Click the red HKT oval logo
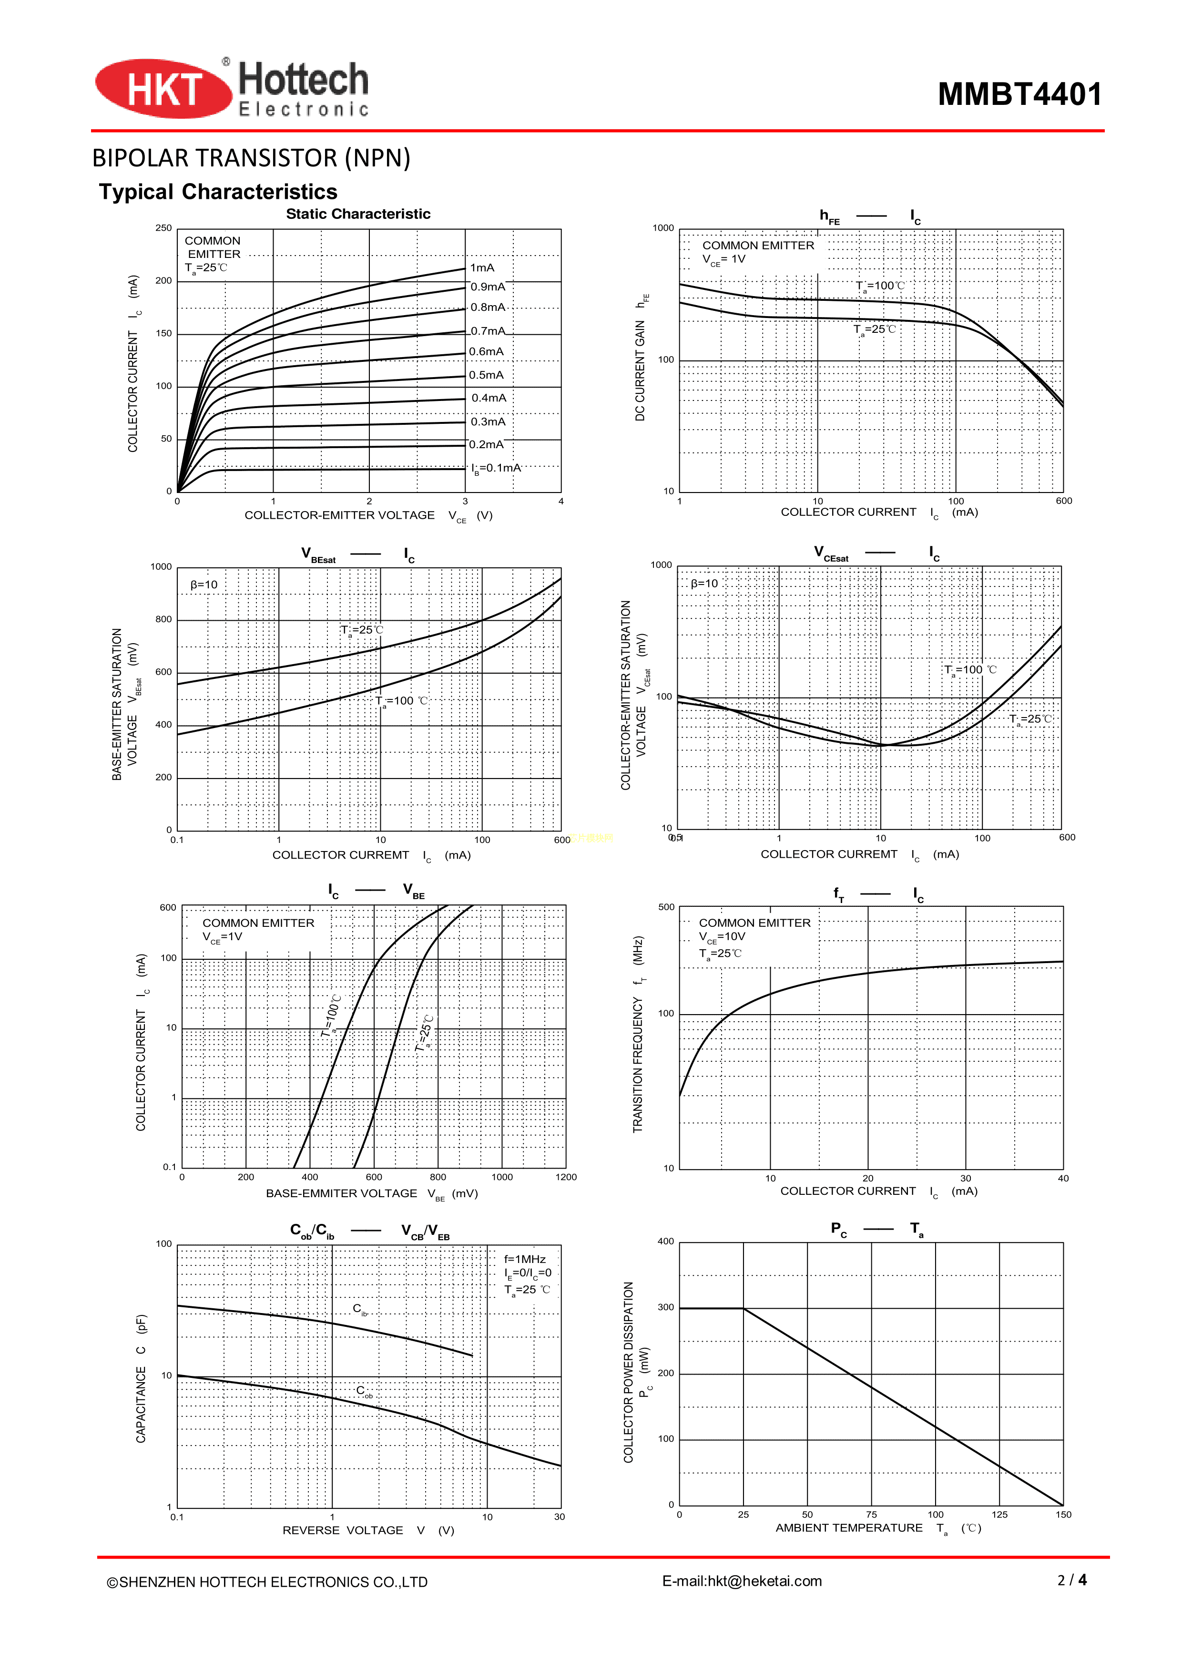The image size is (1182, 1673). tap(163, 89)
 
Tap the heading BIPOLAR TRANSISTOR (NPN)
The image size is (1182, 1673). tap(251, 158)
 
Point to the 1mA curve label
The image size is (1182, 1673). tap(482, 268)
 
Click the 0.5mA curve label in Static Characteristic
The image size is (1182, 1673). tap(486, 375)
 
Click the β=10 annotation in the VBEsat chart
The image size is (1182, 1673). tap(204, 585)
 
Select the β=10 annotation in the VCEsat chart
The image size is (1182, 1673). tap(704, 584)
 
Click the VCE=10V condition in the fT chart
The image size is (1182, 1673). tap(722, 937)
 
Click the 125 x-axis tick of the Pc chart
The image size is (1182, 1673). tap(999, 1514)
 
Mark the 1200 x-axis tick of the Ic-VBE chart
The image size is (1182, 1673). tap(566, 1177)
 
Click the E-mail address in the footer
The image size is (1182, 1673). tap(742, 1581)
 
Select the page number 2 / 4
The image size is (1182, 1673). tap(1071, 1580)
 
